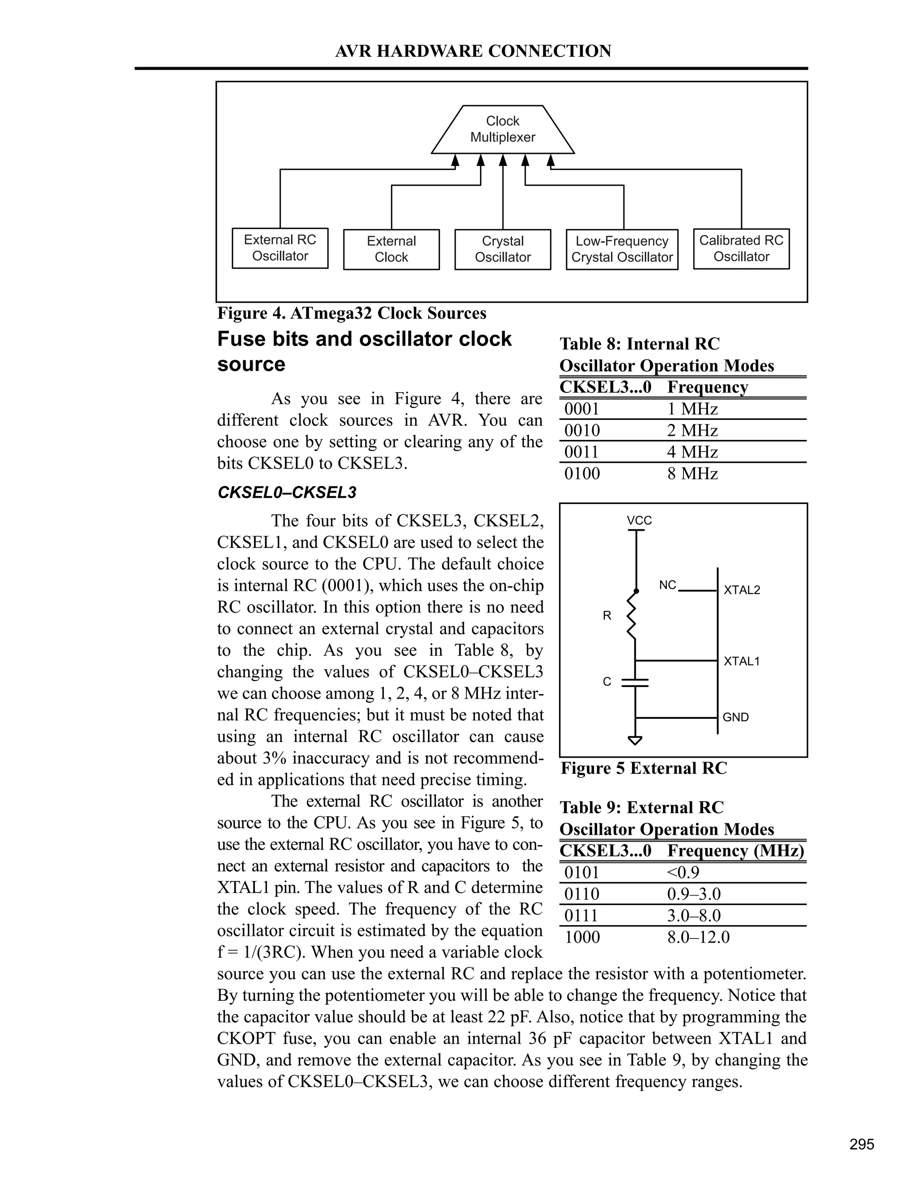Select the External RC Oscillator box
click(280, 248)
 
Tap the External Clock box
click(391, 249)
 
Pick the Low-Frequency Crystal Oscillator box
click(622, 249)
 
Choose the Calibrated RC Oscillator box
click(741, 249)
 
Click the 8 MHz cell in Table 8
click(692, 474)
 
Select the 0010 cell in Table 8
click(582, 431)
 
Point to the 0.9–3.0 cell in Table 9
click(694, 894)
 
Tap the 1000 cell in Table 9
click(582, 937)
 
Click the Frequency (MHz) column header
click(735, 850)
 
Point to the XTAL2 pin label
click(742, 590)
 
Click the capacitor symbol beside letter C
click(635, 682)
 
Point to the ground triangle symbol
click(635, 740)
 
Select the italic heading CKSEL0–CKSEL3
click(287, 493)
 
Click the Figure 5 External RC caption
click(644, 768)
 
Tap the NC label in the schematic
click(667, 585)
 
